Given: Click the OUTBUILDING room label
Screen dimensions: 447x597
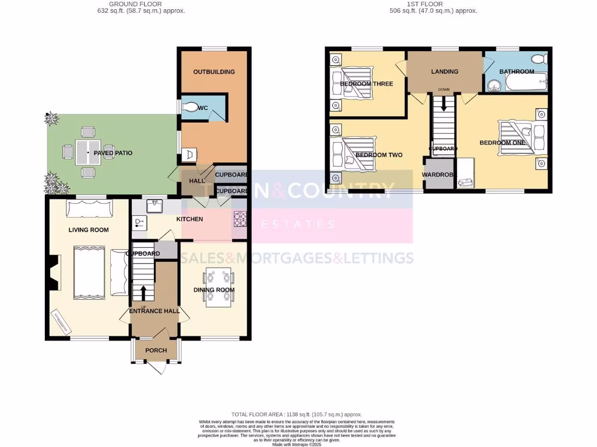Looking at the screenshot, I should [x=214, y=72].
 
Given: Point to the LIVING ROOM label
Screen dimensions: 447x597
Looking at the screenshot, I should [x=89, y=230].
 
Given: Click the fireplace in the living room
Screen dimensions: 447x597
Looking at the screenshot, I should [x=54, y=273].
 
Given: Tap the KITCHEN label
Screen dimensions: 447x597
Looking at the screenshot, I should [x=190, y=219].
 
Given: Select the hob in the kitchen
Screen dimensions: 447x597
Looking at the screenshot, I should [x=240, y=219].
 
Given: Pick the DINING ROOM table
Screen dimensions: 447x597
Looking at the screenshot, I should [x=218, y=289].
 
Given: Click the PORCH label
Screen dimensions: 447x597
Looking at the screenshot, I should [x=156, y=350].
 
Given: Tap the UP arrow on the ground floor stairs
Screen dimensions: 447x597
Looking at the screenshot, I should [x=143, y=292].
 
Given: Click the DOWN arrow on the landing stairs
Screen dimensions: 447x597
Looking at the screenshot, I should [x=444, y=104].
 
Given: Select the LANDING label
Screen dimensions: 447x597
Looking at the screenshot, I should [x=444, y=72].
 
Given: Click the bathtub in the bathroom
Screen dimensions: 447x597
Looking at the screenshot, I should [x=526, y=83].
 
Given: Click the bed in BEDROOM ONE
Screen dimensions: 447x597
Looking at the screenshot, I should [x=516, y=137].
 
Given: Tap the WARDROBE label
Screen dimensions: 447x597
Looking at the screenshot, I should [x=438, y=173].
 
